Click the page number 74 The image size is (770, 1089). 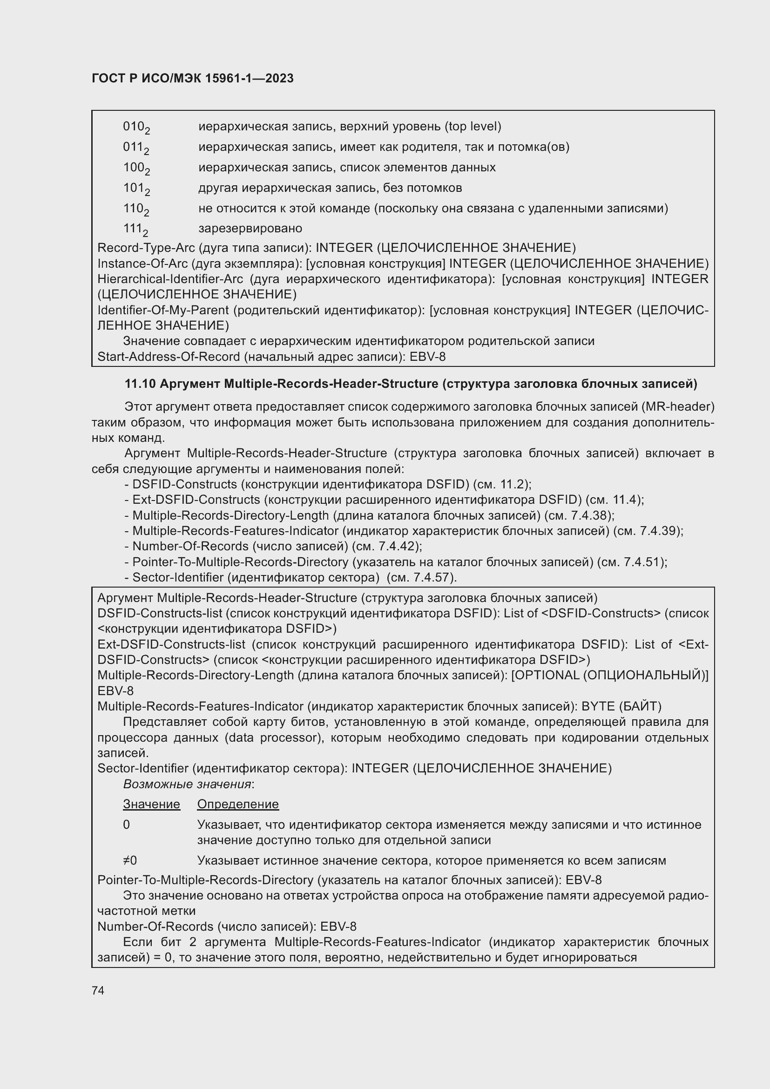(98, 990)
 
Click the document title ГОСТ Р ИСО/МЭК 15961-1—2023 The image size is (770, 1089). (193, 79)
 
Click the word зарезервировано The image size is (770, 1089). (250, 229)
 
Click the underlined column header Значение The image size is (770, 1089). (151, 804)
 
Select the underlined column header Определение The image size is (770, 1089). (237, 804)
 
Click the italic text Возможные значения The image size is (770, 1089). (187, 784)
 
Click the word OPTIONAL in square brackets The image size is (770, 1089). (546, 676)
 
